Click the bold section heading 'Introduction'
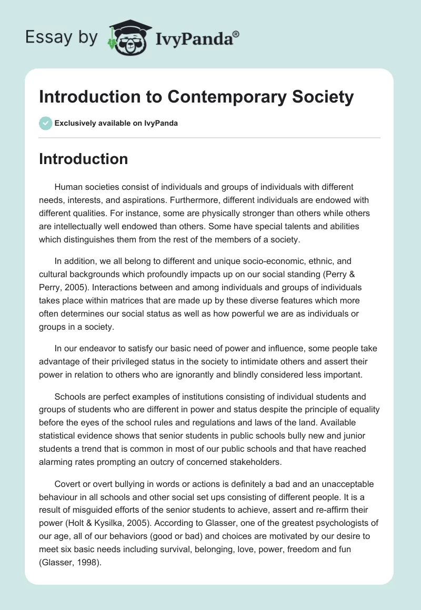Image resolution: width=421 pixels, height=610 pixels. (83, 159)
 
